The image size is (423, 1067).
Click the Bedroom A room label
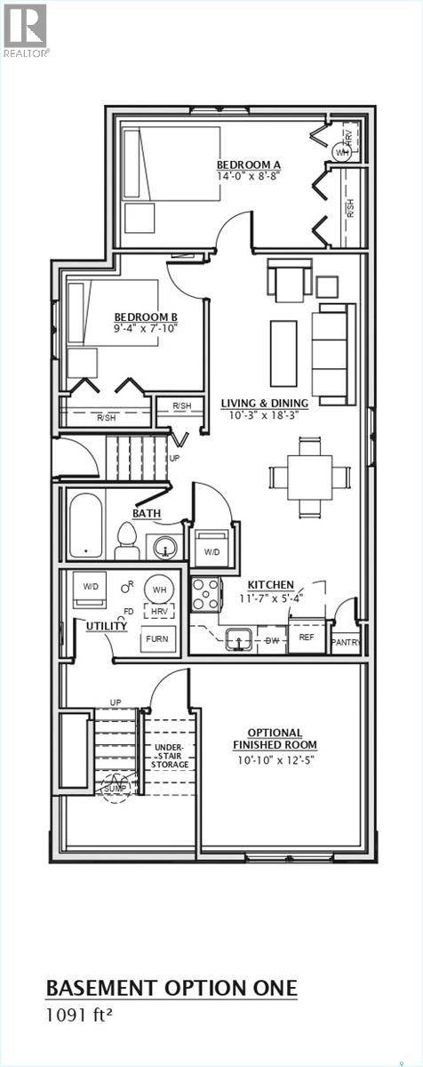click(249, 164)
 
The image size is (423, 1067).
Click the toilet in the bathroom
click(126, 542)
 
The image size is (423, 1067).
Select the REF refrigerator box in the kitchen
click(306, 637)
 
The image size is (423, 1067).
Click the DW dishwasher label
click(272, 639)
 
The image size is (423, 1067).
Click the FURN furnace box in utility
click(157, 638)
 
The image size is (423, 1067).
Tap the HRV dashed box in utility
click(159, 612)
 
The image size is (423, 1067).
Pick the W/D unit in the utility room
click(91, 588)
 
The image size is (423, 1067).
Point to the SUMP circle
click(115, 788)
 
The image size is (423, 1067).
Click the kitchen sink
click(239, 638)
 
